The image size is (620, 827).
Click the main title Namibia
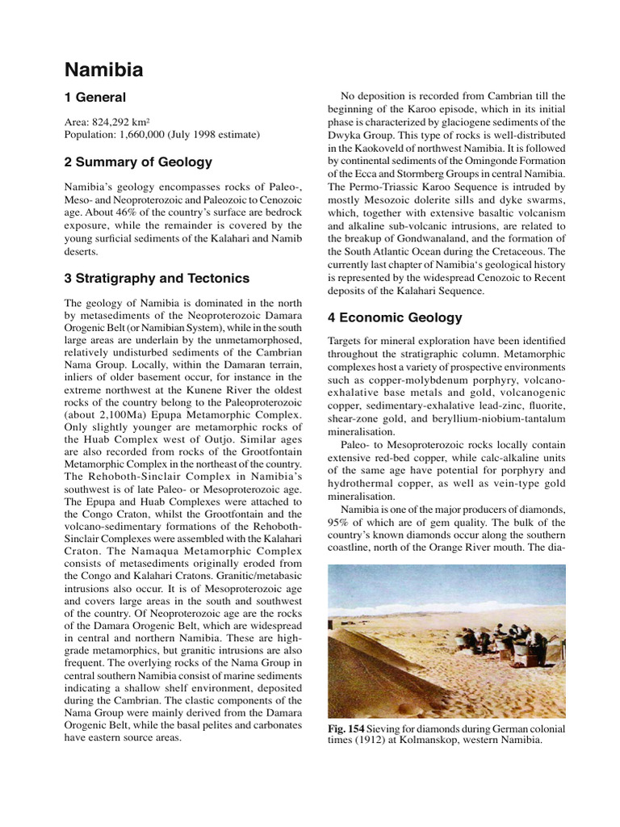pyautogui.click(x=103, y=70)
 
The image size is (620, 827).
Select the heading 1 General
pyautogui.click(x=95, y=98)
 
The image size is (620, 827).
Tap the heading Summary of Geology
pyautogui.click(x=138, y=162)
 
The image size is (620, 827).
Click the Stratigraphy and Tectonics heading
pyautogui.click(x=157, y=279)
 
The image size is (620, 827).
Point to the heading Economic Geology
pyautogui.click(x=395, y=317)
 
